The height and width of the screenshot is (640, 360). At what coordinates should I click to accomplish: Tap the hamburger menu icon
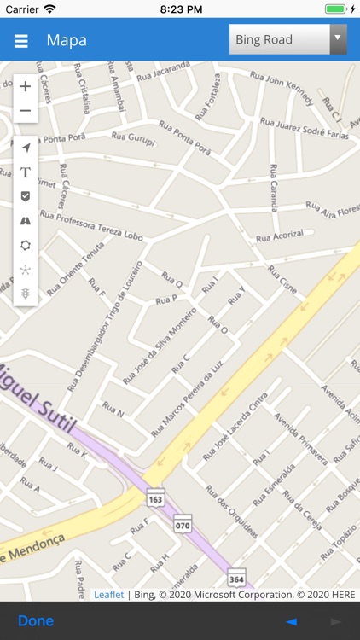click(x=21, y=41)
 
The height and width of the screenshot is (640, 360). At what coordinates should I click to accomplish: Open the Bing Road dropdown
click(x=287, y=39)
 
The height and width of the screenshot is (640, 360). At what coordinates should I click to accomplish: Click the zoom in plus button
click(x=26, y=86)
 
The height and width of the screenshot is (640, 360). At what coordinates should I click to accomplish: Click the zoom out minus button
click(x=26, y=111)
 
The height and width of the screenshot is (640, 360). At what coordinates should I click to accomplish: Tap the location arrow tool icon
click(x=26, y=148)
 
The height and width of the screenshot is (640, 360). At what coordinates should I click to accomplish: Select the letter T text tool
click(x=26, y=172)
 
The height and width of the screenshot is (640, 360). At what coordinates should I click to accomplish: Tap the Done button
click(x=36, y=620)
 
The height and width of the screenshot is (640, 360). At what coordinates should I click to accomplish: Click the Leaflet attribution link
click(x=108, y=595)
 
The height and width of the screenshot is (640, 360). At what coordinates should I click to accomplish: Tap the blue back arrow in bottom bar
click(x=291, y=621)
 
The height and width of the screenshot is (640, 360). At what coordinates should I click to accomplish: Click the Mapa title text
click(x=67, y=40)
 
